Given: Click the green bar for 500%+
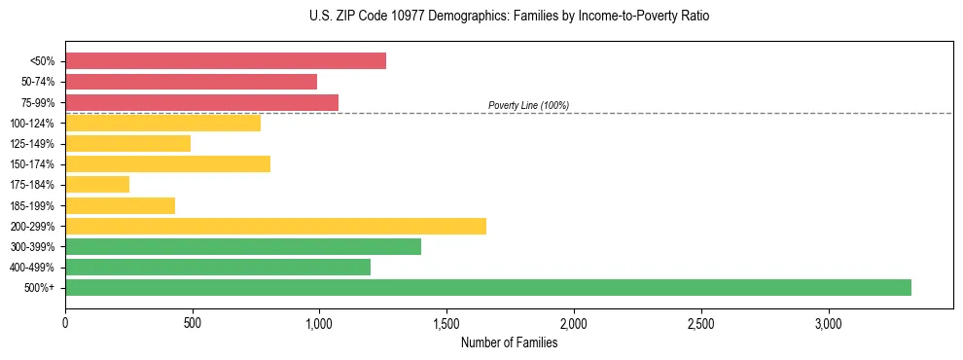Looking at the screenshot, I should (486, 288).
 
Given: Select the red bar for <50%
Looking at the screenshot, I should (225, 61).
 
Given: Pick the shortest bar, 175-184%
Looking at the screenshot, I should (97, 185).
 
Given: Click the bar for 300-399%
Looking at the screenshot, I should (243, 247).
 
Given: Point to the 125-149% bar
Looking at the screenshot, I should (127, 144).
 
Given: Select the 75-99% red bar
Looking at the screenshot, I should (201, 102).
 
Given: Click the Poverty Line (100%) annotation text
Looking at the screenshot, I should (528, 105).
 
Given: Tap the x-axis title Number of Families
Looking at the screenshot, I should (509, 342).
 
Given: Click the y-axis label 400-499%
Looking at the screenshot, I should (33, 268).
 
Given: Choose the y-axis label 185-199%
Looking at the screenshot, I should (33, 206).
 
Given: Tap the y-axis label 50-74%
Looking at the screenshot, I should (37, 82).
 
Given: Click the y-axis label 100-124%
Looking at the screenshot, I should (33, 124).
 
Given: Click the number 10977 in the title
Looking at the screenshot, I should (393, 17).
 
